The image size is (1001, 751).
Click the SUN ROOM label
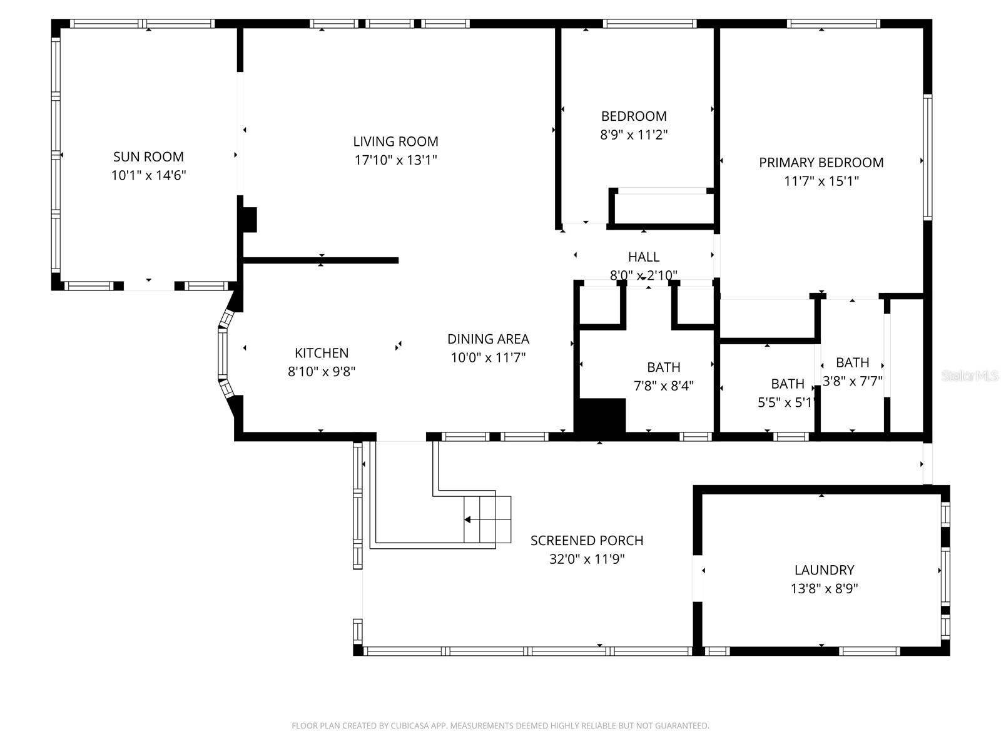pyautogui.click(x=148, y=156)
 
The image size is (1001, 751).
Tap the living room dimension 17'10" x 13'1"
pyautogui.click(x=395, y=160)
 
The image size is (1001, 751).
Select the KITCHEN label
pyautogui.click(x=322, y=353)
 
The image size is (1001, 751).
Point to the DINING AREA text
pyautogui.click(x=488, y=339)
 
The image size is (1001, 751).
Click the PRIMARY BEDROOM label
pyautogui.click(x=821, y=163)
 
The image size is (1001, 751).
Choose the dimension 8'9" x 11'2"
pyautogui.click(x=634, y=135)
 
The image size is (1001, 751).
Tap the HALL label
pyautogui.click(x=643, y=257)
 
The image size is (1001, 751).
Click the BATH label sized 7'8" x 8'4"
pyautogui.click(x=663, y=367)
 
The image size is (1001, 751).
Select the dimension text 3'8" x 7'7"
pyautogui.click(x=852, y=381)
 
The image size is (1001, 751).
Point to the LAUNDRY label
pyautogui.click(x=824, y=570)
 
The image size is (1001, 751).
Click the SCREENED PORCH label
pyautogui.click(x=586, y=541)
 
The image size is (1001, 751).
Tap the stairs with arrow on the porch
pyautogui.click(x=487, y=519)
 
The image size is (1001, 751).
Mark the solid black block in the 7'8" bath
pyautogui.click(x=601, y=415)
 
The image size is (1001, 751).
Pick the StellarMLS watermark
pyautogui.click(x=970, y=376)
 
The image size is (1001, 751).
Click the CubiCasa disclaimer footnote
pyautogui.click(x=500, y=726)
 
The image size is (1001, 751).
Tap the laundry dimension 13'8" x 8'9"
pyautogui.click(x=824, y=589)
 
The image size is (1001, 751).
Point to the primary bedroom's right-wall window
pyautogui.click(x=927, y=156)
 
